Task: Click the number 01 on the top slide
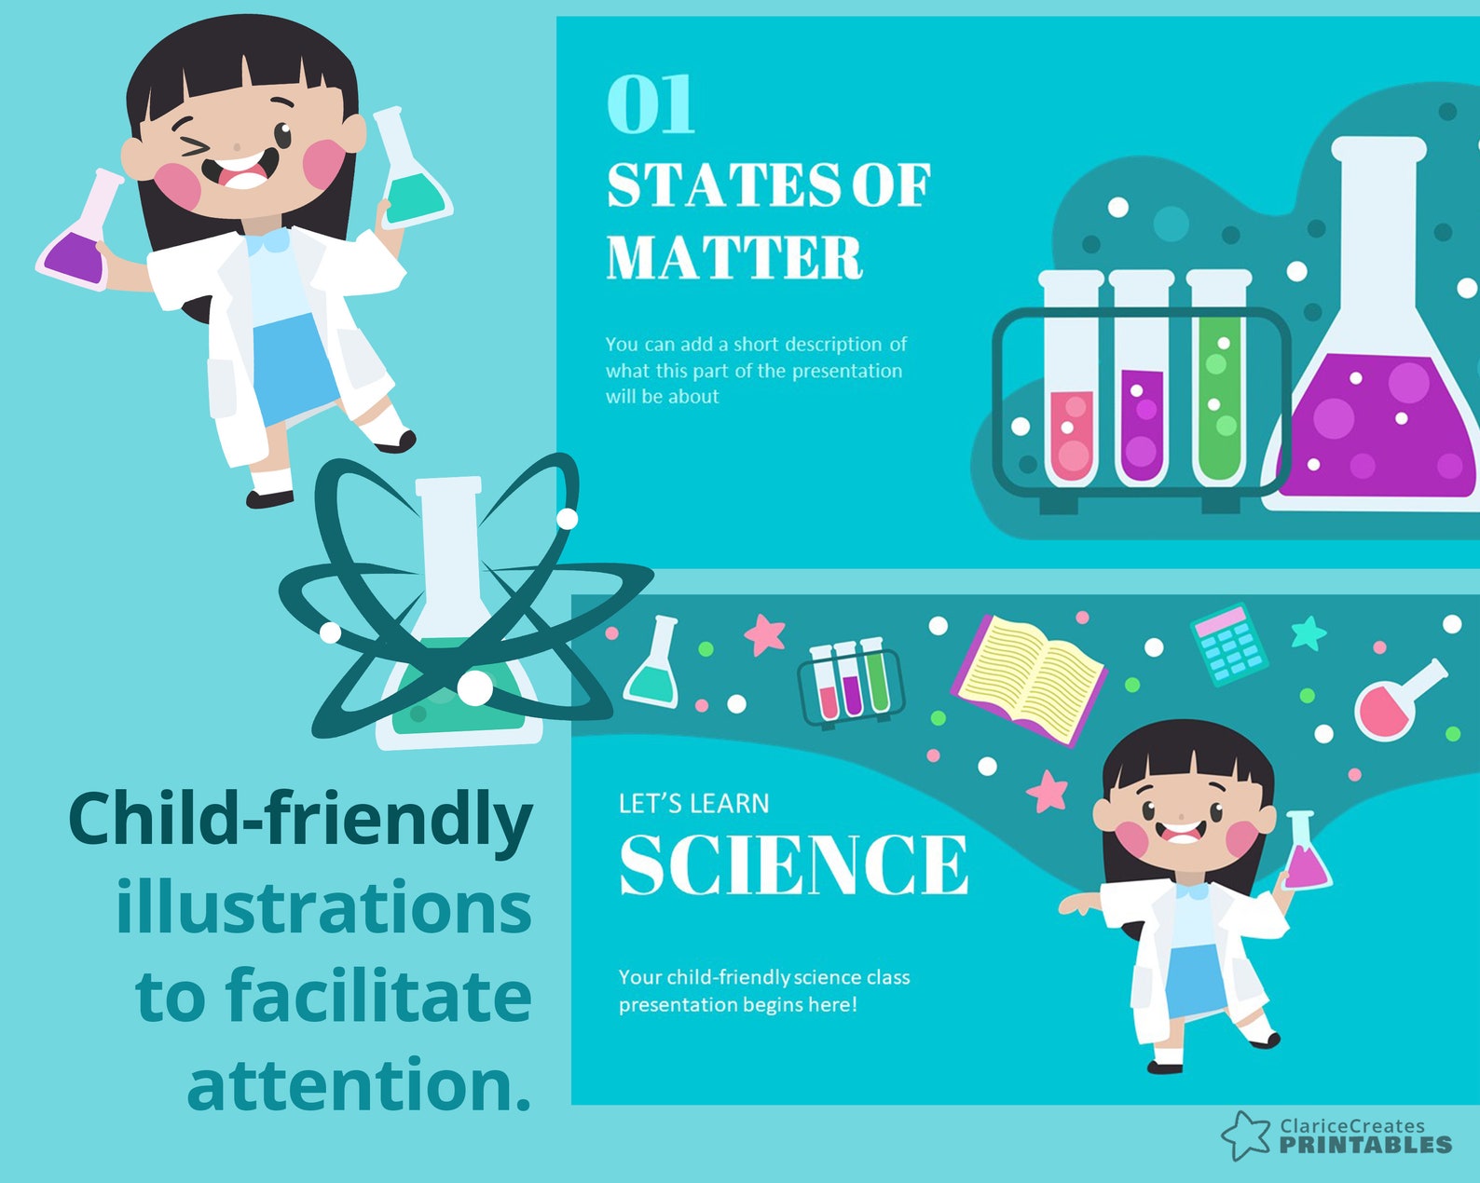(x=651, y=104)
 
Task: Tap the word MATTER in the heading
(x=734, y=257)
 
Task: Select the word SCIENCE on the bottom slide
(x=793, y=864)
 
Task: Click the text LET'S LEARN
(x=693, y=803)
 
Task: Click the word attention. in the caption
(x=359, y=1083)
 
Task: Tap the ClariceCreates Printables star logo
(x=1245, y=1135)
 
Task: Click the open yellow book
(x=1029, y=679)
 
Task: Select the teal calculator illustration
(x=1229, y=644)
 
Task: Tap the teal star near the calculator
(x=1309, y=632)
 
